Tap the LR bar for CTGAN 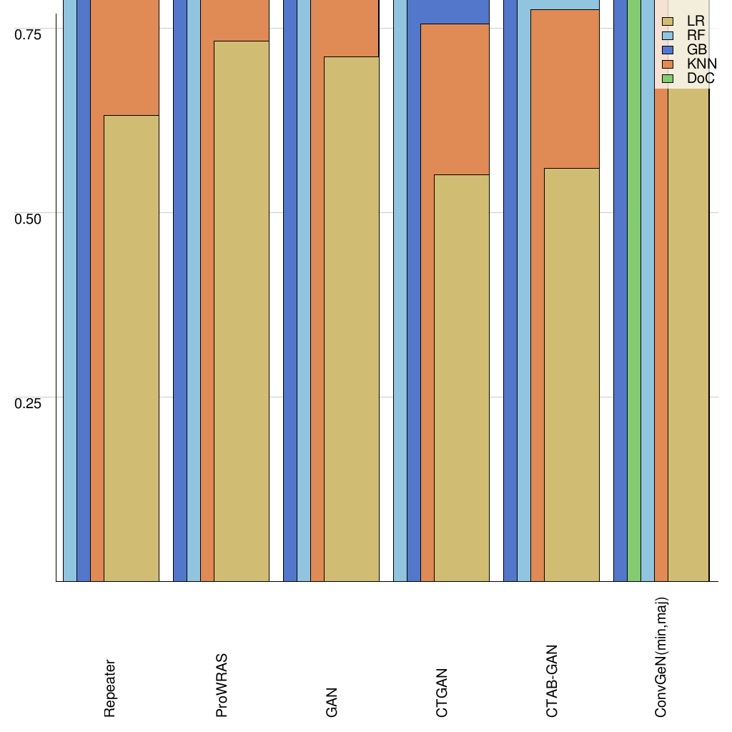pos(462,378)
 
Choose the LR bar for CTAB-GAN pos(572,375)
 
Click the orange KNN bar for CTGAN pos(455,99)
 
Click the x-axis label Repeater pos(109,688)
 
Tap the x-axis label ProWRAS pos(221,685)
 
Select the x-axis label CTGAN pos(442,693)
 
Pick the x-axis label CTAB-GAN pos(552,681)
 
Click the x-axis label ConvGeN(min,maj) pos(662,657)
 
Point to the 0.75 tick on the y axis pos(29,34)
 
